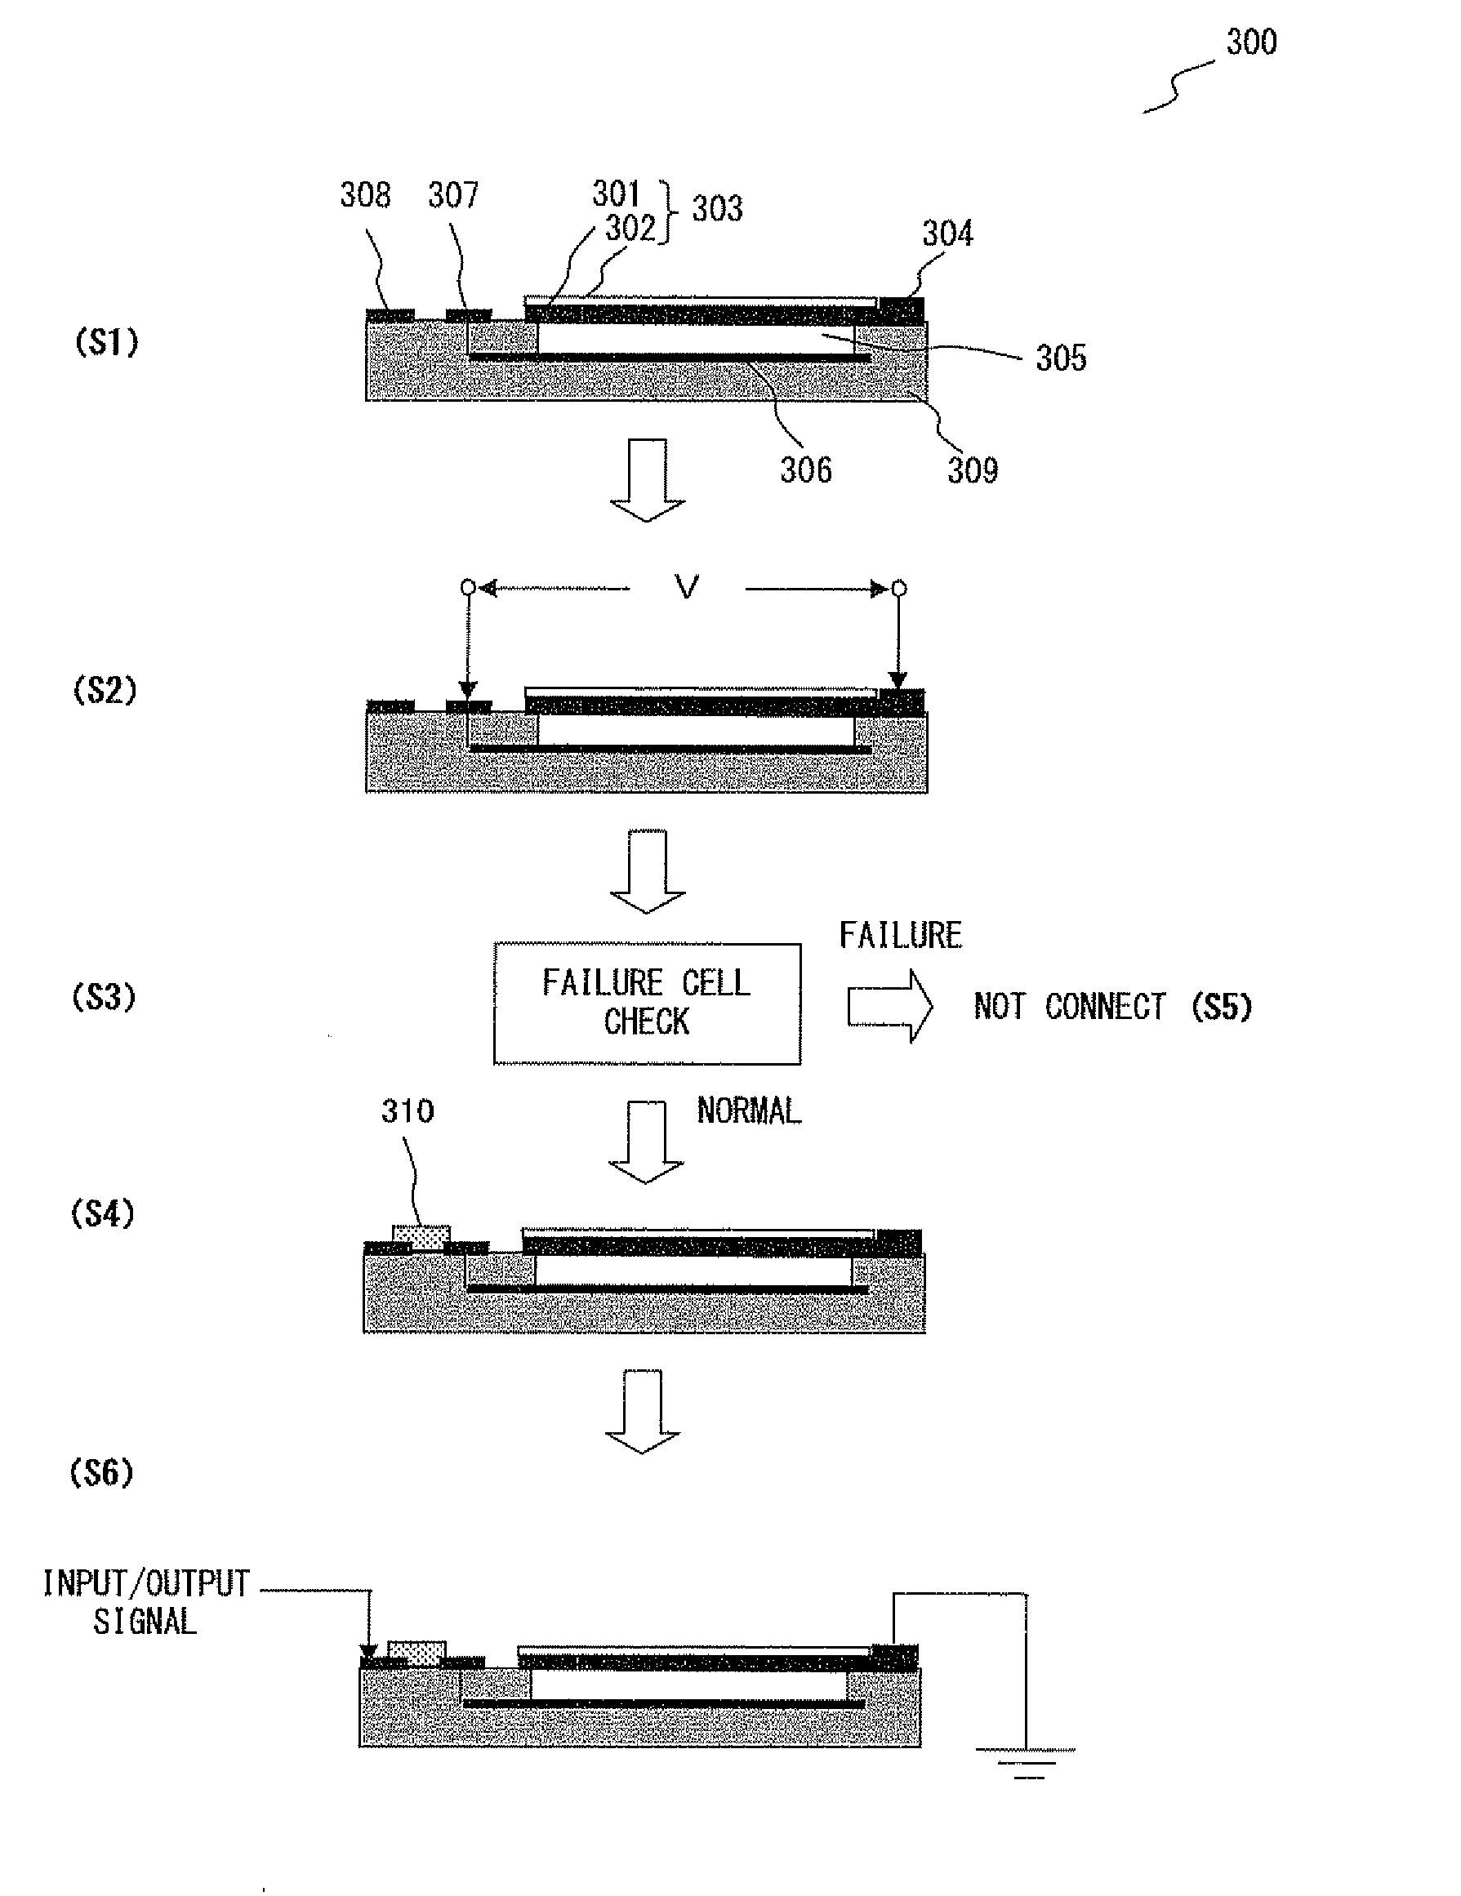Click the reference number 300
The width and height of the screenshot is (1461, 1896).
(1250, 42)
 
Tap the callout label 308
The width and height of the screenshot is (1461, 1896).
(364, 194)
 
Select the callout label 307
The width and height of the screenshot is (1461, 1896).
(453, 194)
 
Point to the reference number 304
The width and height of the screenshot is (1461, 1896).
(947, 233)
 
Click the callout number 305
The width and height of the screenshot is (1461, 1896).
(1060, 358)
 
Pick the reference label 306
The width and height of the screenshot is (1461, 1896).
(805, 470)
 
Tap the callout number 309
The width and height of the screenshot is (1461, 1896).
(973, 470)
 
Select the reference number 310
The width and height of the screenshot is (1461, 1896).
(408, 1110)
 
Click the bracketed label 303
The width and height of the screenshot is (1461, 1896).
(717, 208)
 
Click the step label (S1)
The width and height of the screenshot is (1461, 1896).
(106, 342)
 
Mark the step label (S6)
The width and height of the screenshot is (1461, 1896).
(101, 1472)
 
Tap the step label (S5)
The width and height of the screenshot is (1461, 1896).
(1222, 1007)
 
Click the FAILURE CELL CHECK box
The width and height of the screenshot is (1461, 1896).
(647, 1003)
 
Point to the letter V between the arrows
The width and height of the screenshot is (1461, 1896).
(687, 588)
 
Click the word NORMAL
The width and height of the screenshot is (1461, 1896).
(748, 1110)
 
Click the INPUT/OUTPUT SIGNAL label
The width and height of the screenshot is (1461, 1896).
(146, 1602)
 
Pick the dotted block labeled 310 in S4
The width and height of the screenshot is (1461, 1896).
(421, 1236)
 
